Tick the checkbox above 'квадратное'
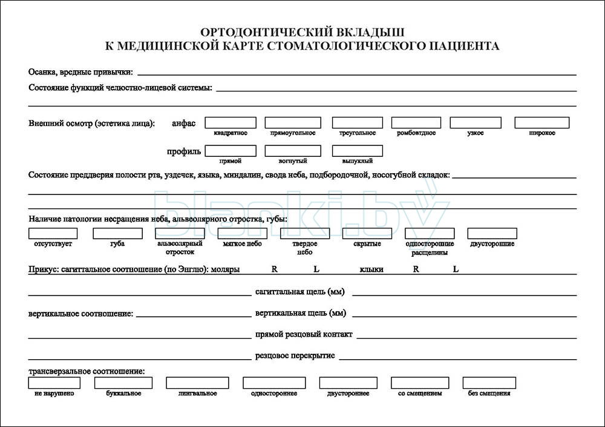(231, 123)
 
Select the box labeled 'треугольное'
(357, 123)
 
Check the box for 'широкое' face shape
(540, 123)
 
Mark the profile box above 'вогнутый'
(293, 151)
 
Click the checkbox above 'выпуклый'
(357, 151)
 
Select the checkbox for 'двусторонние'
(492, 233)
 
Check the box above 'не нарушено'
(54, 383)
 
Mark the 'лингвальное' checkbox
(197, 383)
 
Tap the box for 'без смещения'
(489, 383)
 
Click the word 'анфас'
(184, 123)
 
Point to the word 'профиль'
(184, 151)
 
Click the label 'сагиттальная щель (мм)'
(300, 293)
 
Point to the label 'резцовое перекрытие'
(295, 356)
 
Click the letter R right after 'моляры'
(274, 269)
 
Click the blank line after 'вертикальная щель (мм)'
(463, 315)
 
